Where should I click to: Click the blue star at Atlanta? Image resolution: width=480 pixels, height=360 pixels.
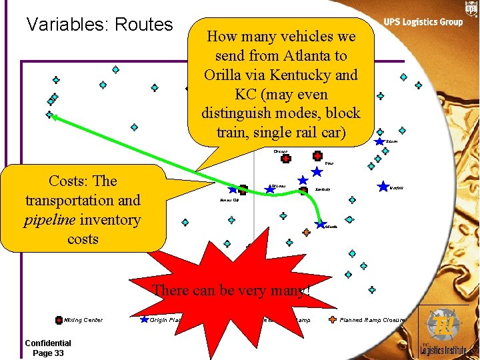(321, 224)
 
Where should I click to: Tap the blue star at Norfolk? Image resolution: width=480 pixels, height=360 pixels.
(383, 186)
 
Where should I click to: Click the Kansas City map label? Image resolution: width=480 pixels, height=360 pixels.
(229, 199)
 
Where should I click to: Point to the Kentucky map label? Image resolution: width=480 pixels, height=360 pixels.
(323, 191)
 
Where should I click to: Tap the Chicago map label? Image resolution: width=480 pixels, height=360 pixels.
(280, 152)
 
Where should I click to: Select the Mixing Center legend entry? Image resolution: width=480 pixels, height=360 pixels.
(79, 320)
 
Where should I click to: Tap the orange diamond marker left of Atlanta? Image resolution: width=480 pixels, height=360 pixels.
(306, 233)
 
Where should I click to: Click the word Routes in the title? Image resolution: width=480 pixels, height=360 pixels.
(143, 25)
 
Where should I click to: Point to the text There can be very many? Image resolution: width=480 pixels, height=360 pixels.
(232, 290)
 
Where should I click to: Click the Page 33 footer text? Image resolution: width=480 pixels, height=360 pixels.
(48, 353)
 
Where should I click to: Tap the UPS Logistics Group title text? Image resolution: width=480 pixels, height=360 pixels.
(423, 22)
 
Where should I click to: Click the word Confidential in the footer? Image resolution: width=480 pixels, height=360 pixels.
(48, 343)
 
